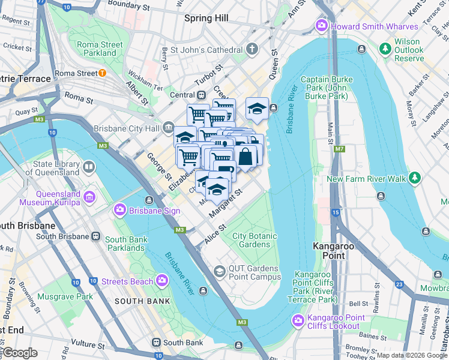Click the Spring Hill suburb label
(x=206, y=18)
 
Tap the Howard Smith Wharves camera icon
(x=321, y=26)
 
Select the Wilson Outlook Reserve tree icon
(x=384, y=47)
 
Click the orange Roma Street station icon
(x=102, y=73)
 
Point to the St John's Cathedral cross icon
(x=253, y=49)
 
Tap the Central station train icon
(x=202, y=95)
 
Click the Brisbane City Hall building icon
(x=168, y=128)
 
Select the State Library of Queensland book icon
(x=89, y=167)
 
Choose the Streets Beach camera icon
(x=161, y=281)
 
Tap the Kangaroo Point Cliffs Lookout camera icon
(x=298, y=322)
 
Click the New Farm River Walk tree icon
(x=414, y=178)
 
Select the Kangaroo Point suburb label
(x=329, y=250)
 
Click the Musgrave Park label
(x=65, y=296)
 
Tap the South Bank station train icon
(x=155, y=343)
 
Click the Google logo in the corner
(x=19, y=353)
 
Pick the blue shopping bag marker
(x=246, y=157)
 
